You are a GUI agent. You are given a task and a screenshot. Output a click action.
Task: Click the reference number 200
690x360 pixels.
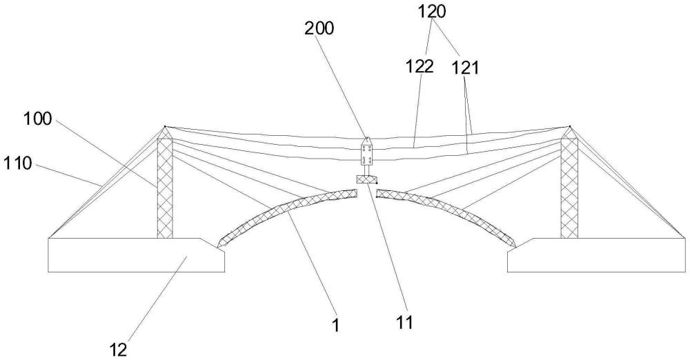pos(319,28)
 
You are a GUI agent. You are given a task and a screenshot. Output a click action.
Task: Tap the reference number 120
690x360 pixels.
pos(432,12)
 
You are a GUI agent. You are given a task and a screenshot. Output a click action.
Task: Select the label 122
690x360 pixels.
pos(420,66)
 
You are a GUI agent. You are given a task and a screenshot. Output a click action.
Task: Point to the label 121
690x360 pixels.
pos(466,69)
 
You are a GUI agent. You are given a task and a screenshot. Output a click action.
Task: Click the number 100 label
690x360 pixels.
pos(37,119)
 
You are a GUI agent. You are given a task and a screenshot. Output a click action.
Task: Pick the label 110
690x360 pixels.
pos(18,163)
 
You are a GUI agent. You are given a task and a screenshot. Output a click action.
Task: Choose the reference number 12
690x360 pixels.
pos(119,350)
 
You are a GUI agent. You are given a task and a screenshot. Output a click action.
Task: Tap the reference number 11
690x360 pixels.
pos(404,323)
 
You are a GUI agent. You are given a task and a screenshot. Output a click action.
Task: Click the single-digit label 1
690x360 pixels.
pos(336,326)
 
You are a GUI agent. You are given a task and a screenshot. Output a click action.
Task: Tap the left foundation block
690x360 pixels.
pos(137,255)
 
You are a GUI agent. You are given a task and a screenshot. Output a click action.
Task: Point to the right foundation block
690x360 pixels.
pos(597,255)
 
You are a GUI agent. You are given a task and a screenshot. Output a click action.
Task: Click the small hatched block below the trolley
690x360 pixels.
pos(366,179)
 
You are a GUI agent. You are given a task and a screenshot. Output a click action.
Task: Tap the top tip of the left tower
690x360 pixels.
pos(165,127)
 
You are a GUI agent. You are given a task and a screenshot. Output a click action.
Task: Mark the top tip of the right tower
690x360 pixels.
pos(569,127)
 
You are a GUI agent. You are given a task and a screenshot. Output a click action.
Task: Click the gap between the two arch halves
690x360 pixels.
pos(367,193)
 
